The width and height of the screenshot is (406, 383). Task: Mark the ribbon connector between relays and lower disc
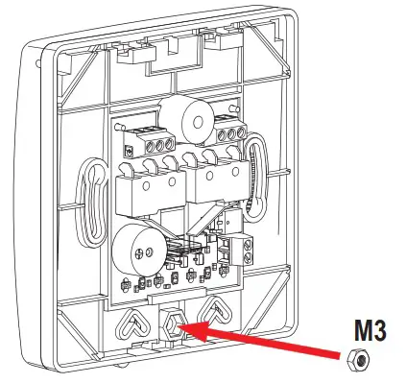[183, 251]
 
